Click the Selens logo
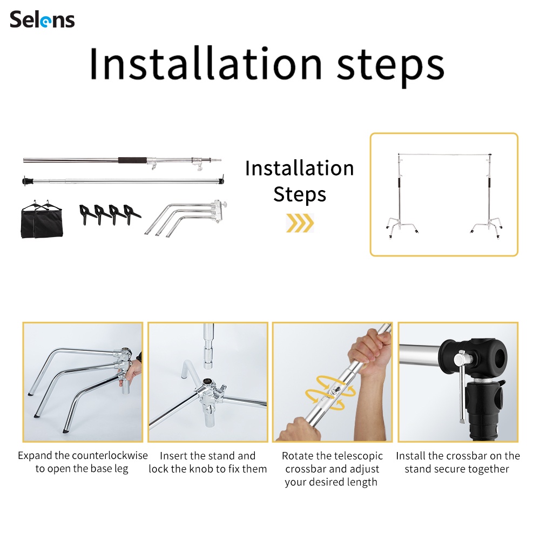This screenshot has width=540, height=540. tap(42, 19)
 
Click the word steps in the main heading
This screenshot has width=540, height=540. tap(390, 65)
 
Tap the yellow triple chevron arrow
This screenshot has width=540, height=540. tap(300, 223)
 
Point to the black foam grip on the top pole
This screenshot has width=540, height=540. tap(133, 160)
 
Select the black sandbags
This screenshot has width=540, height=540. tap(42, 219)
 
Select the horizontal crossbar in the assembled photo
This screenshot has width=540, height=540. tap(444, 154)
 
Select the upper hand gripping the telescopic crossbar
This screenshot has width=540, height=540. tap(370, 352)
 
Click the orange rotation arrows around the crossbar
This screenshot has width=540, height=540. tap(330, 393)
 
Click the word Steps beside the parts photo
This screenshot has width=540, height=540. tap(300, 194)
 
